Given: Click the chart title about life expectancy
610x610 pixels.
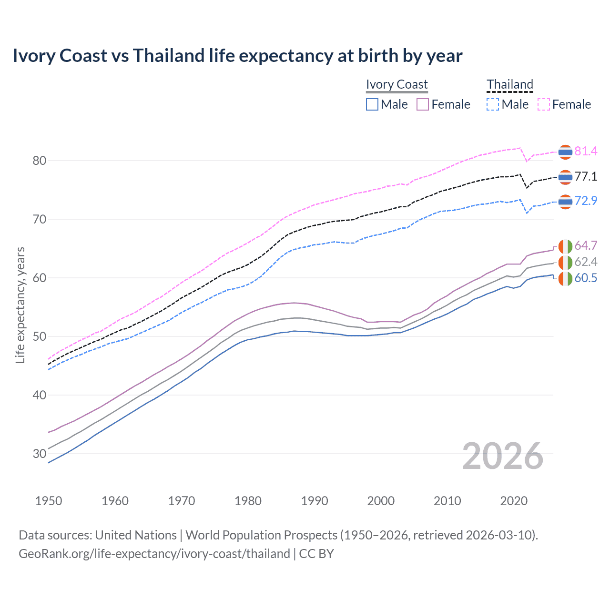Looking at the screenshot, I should click(237, 56).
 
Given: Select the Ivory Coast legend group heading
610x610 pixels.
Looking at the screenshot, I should click(397, 84).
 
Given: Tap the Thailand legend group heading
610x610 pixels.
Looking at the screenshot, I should click(509, 84).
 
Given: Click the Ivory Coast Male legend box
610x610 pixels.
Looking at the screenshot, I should click(372, 104).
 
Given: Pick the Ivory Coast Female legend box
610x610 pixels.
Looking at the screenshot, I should click(423, 104).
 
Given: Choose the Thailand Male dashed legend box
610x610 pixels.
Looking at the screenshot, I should click(493, 104).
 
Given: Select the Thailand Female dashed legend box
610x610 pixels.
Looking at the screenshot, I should click(544, 104).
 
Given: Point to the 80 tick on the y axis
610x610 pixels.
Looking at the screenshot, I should click(40, 161).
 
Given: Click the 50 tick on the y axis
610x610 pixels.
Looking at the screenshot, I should click(40, 336).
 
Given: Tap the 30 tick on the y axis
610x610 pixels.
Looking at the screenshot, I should click(40, 454).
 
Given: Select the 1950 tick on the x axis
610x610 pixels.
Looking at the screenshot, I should click(49, 501).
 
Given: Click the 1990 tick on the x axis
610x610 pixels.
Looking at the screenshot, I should click(315, 501).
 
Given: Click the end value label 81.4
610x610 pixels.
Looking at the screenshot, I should click(586, 152).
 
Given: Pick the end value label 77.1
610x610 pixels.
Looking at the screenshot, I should click(586, 177).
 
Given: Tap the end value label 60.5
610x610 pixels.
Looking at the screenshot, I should click(586, 278).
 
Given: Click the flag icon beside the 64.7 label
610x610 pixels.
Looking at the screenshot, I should click(565, 246).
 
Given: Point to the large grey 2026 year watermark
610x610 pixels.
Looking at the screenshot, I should click(503, 456).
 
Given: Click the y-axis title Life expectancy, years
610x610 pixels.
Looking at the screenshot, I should click(20, 305).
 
